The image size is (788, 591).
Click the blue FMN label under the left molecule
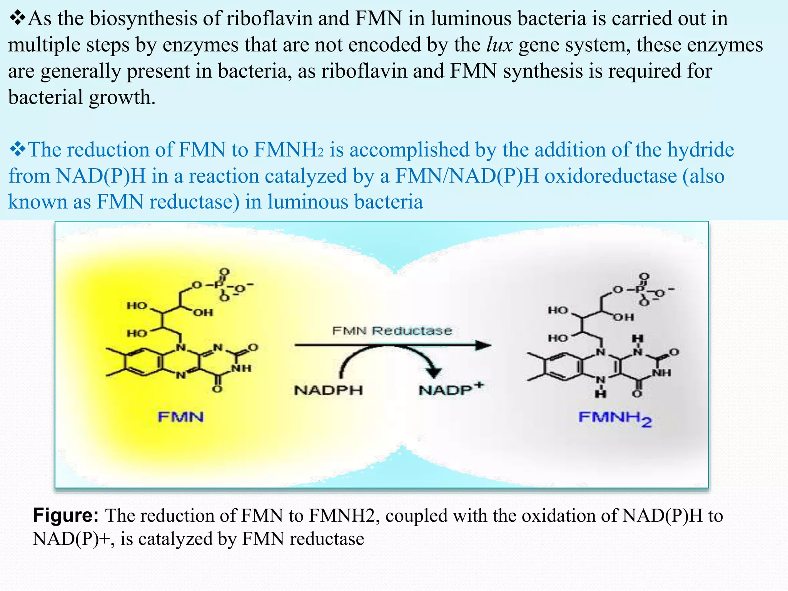pyautogui.click(x=180, y=417)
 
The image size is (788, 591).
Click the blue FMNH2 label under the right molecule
pyautogui.click(x=614, y=419)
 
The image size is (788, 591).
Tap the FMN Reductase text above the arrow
pyautogui.click(x=392, y=331)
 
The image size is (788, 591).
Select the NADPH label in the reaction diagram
pyautogui.click(x=328, y=390)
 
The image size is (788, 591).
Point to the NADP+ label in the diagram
pyautogui.click(x=450, y=389)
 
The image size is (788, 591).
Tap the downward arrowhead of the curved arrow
pyautogui.click(x=434, y=372)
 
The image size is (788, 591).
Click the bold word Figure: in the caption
pyautogui.click(x=66, y=515)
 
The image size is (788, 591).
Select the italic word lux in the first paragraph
pyautogui.click(x=499, y=45)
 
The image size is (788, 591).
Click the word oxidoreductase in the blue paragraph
pyautogui.click(x=610, y=176)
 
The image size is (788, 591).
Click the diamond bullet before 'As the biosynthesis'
pyautogui.click(x=17, y=18)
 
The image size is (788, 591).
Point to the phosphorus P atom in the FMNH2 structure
pyautogui.click(x=640, y=289)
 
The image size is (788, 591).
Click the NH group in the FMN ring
pyautogui.click(x=241, y=368)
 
